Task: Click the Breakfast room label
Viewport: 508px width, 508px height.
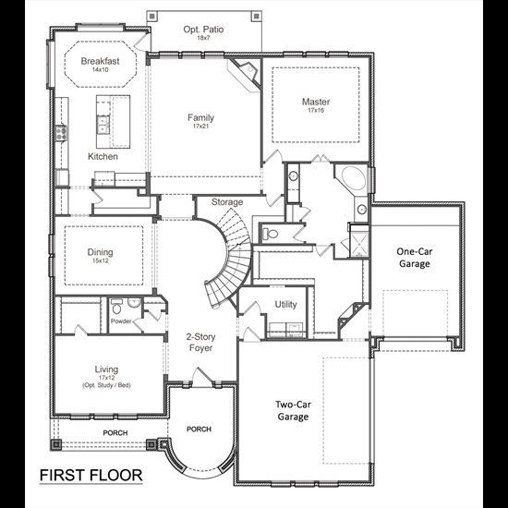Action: [100, 61]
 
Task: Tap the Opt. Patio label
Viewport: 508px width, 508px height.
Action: [203, 30]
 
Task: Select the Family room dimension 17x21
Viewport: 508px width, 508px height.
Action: [200, 126]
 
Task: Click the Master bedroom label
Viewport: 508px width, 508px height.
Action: [316, 102]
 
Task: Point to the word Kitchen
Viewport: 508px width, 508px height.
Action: [103, 156]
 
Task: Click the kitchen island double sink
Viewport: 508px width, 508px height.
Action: [103, 125]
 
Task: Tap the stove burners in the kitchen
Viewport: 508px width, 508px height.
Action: [61, 132]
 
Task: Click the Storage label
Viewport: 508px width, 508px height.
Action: [227, 202]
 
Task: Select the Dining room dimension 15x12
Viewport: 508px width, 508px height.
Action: [100, 260]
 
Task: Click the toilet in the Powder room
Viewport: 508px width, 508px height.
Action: [116, 307]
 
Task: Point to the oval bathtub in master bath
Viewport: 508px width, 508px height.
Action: [353, 178]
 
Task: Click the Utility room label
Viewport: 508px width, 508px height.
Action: [285, 305]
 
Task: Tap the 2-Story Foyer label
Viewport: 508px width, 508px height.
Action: [200, 343]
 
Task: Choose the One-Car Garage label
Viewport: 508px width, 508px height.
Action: [415, 258]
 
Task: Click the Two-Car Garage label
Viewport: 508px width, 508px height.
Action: [293, 410]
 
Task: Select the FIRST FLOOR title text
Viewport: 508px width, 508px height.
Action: [91, 476]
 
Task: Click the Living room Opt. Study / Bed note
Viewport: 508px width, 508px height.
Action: [106, 385]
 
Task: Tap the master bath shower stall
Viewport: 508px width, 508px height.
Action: [359, 241]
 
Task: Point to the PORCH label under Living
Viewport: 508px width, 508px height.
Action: [115, 433]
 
